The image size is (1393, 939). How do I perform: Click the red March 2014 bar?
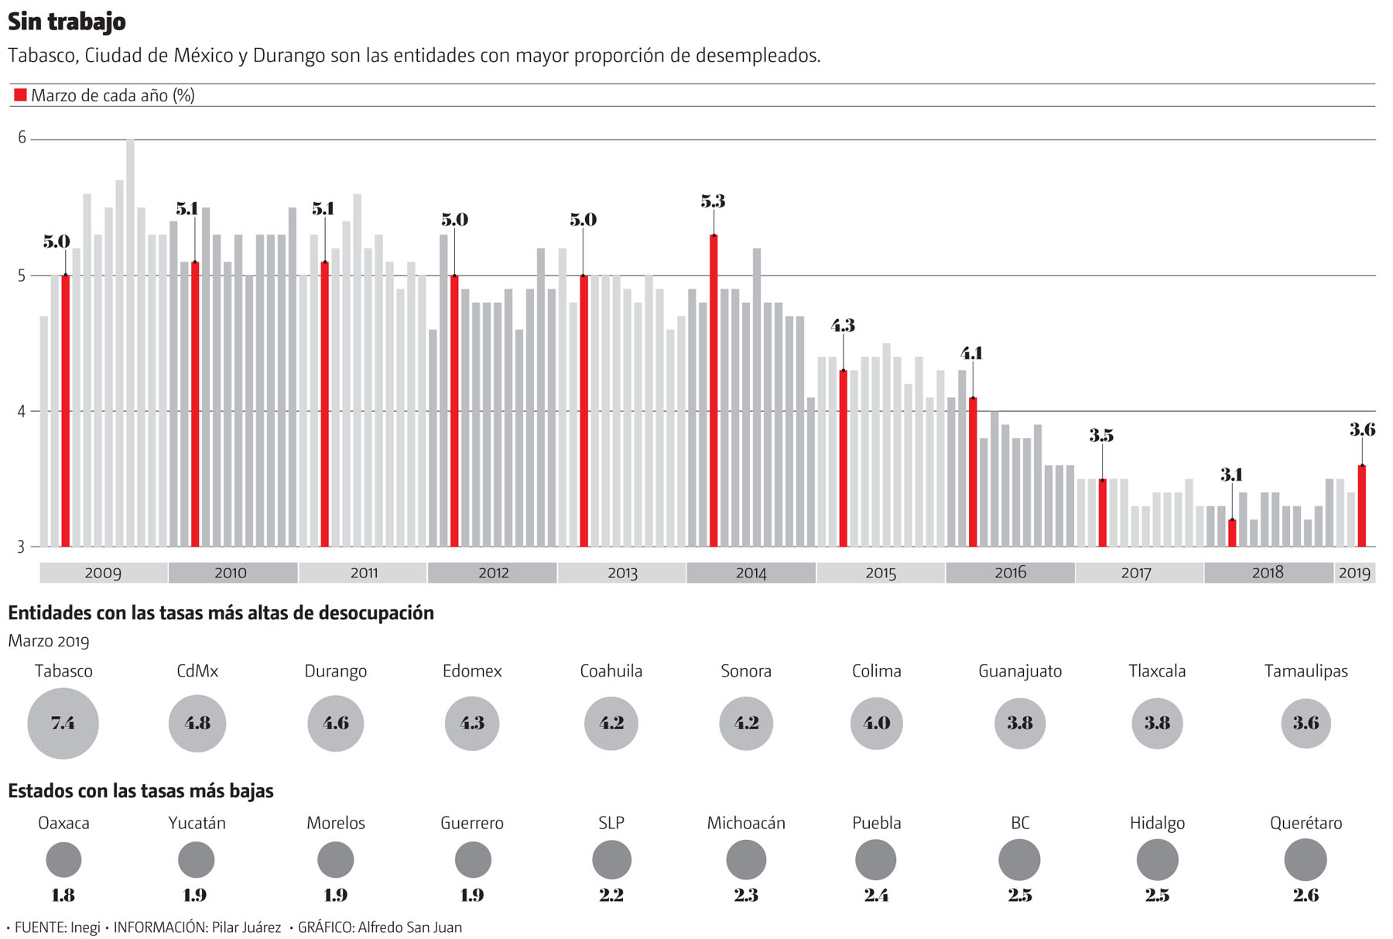714,391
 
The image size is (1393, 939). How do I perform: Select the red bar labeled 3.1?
1232,533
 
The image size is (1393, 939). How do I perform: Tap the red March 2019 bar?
1361,506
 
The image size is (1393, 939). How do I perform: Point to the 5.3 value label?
713,202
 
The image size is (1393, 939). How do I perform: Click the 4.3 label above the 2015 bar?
843,326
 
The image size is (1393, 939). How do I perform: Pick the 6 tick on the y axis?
22,139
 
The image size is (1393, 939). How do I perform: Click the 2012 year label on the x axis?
493,573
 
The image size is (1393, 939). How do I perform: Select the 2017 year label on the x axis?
1135,573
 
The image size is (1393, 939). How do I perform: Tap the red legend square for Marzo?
20,95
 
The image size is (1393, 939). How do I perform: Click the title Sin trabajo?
67,22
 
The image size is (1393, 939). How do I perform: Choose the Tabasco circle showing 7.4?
63,723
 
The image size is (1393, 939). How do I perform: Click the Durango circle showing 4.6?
335,723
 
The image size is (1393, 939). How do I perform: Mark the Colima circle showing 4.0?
876,723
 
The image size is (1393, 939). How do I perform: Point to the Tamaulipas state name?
1306,671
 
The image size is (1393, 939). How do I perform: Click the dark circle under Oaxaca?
63,859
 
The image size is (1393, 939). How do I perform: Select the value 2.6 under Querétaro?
1306,896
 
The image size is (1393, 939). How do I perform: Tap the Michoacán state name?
746,823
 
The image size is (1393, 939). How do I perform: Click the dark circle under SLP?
611,860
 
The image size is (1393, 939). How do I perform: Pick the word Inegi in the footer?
84,927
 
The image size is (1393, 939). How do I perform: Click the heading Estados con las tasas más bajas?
141,791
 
